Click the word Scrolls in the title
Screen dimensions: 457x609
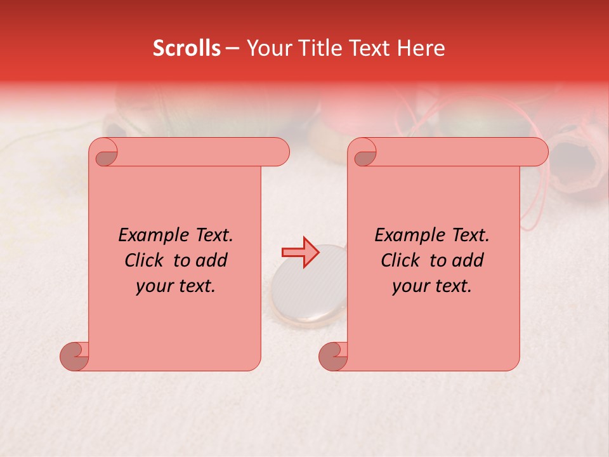pos(187,48)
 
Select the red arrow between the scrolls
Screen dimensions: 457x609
pos(300,253)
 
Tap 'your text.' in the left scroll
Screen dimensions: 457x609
pos(176,286)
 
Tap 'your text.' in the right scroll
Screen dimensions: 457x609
pos(432,286)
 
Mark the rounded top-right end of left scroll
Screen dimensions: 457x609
pos(279,152)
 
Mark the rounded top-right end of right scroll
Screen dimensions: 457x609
pos(538,152)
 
